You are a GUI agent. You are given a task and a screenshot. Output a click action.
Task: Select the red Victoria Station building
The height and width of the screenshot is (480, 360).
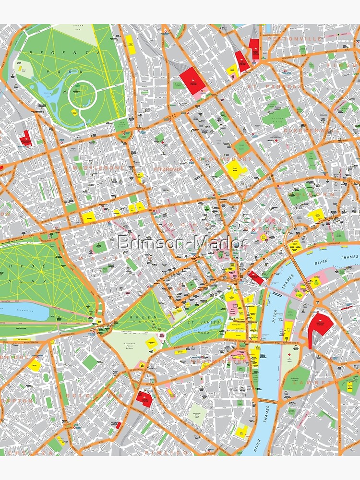144,398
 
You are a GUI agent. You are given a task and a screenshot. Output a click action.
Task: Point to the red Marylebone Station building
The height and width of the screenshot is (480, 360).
25,138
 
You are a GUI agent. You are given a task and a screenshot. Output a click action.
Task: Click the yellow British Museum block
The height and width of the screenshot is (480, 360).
235,168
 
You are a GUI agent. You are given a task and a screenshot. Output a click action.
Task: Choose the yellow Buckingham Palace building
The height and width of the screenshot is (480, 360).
152,343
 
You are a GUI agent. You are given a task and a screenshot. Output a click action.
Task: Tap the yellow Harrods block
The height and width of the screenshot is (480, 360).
34,364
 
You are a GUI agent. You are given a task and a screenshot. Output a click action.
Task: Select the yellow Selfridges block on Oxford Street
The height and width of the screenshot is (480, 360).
88,217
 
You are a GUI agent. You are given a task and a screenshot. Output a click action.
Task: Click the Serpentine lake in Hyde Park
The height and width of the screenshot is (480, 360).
24,311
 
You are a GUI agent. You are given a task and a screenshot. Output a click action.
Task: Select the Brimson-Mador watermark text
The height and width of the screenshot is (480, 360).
182,242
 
